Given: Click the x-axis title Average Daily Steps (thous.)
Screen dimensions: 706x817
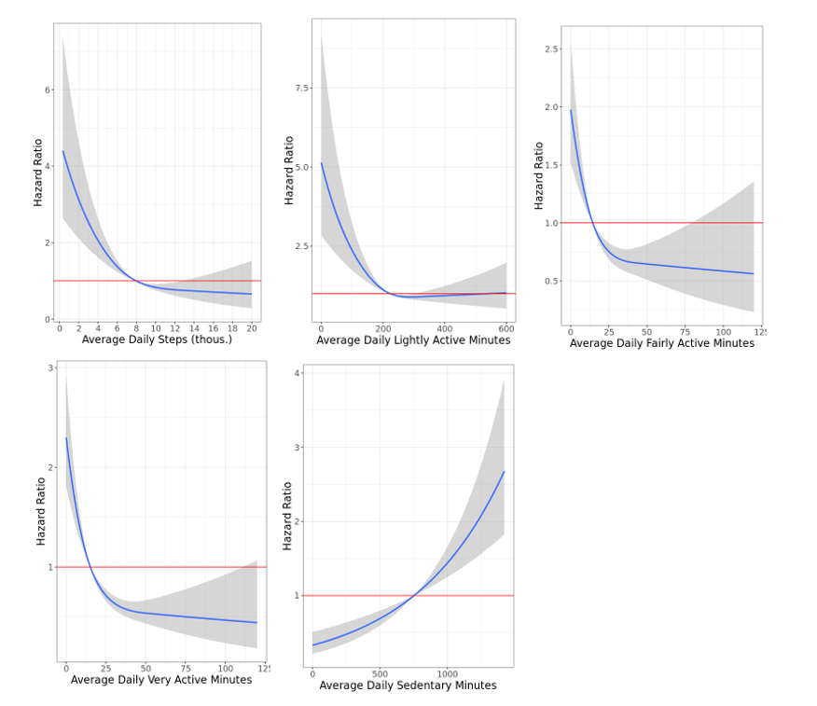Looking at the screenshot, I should coord(157,339).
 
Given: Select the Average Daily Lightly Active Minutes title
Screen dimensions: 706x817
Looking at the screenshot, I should coord(413,340).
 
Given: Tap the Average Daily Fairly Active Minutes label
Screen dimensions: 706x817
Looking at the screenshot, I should coord(661,343).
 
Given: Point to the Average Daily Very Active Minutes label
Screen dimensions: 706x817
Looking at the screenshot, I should coord(161,680).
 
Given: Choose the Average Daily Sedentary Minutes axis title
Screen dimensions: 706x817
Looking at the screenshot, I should coord(408,685).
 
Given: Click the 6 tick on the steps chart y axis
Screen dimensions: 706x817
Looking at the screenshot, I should coord(48,90).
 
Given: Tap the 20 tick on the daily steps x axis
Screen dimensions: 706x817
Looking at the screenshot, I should coord(252,328).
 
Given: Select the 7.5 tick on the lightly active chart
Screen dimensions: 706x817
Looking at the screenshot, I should coord(302,88).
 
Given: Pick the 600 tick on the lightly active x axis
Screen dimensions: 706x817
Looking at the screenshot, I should coord(506,329).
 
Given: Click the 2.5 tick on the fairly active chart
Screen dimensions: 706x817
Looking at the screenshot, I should coord(552,48).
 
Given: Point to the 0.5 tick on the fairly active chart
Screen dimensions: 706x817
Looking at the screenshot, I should coord(552,281).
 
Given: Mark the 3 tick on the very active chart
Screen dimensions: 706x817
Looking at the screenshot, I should coord(50,367).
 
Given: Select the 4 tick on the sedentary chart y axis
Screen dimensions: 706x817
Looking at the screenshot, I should coord(298,373).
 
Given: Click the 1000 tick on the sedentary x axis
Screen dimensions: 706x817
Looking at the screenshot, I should coord(448,673).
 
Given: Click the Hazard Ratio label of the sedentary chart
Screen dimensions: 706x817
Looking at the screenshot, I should coord(287,516).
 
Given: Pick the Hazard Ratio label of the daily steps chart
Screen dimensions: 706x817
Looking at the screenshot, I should coord(38,173).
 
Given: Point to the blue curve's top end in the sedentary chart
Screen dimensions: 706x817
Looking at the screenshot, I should coord(504,472).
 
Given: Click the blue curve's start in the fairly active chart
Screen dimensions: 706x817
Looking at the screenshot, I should coord(571,110).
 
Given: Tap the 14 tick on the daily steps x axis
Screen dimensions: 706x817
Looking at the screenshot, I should coord(194,328).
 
